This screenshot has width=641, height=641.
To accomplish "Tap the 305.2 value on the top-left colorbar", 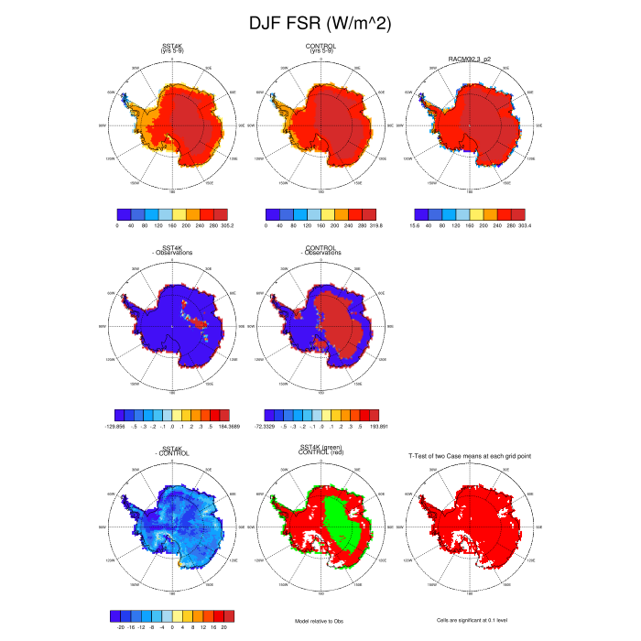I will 225,223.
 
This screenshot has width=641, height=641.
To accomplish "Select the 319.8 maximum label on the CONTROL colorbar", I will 375,223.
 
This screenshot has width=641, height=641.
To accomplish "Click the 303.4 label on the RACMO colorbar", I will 522,223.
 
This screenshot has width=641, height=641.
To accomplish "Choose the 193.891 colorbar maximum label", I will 376,426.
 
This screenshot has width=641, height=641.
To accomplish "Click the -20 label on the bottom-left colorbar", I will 121,627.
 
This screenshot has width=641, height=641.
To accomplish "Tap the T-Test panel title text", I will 468,455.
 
